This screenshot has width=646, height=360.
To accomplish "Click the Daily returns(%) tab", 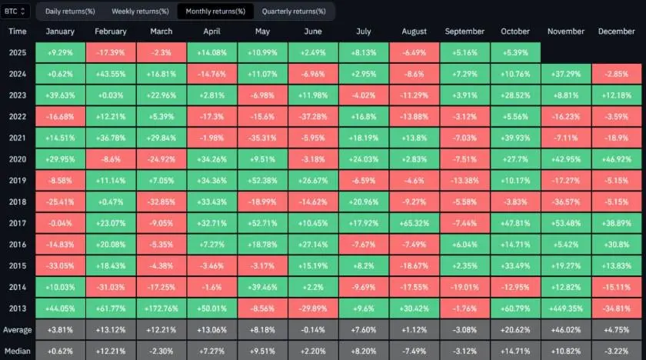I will point(70,12).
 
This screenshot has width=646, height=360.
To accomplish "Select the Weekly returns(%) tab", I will point(140,12).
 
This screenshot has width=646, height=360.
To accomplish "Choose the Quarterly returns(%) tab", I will point(294,12).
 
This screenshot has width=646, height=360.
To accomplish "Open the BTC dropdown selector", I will point(16,12).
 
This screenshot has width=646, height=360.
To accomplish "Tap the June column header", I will point(312,32).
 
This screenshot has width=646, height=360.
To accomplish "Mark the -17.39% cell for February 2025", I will point(111,52).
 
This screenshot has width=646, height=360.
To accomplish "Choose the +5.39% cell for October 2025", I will point(514,52).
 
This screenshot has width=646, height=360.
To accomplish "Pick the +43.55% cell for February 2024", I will point(111,73).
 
